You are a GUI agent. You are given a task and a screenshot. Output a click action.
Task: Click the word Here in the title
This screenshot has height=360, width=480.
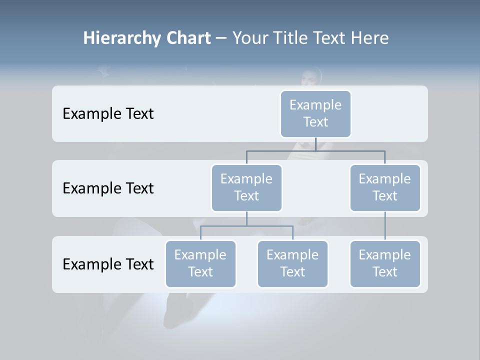pos(370,38)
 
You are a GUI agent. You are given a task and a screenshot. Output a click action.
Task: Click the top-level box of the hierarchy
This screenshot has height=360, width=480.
pos(315,114)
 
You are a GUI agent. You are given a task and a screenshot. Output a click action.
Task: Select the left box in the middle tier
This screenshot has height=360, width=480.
pos(246,188)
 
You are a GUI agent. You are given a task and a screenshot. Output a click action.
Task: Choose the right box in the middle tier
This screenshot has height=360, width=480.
pos(385,188)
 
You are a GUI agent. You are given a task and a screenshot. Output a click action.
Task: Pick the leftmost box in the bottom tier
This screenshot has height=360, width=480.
pos(200,264)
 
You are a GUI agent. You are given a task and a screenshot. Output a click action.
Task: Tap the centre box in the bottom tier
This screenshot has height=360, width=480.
pos(292,264)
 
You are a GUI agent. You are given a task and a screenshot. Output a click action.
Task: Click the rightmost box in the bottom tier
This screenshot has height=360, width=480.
pos(385,264)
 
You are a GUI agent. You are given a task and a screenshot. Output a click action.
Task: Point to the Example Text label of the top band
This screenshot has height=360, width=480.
pos(108,114)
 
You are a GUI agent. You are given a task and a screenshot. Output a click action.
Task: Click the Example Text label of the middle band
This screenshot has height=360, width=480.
pos(108,188)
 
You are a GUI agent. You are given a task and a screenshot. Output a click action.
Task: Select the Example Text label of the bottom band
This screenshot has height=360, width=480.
pos(108,264)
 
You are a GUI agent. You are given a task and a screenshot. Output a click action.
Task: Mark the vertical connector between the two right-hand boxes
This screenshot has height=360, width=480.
pos(385,226)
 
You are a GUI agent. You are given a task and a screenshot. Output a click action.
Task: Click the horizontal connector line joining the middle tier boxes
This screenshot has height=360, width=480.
pos(315,150)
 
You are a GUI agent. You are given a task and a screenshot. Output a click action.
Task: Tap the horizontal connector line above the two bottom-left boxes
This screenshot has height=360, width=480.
pos(246,226)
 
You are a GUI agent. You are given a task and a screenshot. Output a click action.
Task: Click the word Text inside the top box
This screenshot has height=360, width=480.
pos(315,122)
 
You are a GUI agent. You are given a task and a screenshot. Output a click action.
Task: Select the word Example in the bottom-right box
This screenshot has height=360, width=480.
pos(385,255)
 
